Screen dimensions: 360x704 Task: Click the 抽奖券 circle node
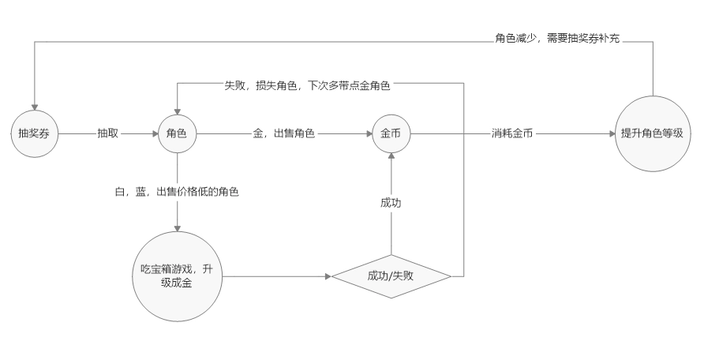34,133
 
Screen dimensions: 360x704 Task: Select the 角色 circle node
177,133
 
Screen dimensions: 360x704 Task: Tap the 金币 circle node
391,133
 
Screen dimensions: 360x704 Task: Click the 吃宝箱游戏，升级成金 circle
177,276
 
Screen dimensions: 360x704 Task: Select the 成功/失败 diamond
391,276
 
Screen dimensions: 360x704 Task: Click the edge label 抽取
108,133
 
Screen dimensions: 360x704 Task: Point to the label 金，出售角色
284,133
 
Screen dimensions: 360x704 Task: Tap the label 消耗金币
511,133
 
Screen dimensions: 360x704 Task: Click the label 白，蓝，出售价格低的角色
177,192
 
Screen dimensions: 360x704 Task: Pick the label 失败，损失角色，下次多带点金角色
307,84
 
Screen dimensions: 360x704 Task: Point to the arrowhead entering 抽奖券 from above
34,109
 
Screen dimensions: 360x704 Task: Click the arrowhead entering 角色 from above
177,109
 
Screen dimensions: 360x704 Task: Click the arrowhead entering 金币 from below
391,157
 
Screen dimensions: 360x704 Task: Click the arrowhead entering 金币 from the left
368,133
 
